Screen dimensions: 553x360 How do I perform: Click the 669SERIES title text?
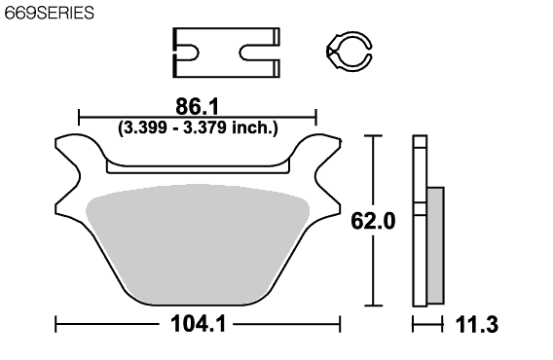click(x=49, y=13)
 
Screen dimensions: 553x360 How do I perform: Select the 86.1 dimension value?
click(x=197, y=106)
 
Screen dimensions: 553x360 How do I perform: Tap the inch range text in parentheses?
click(x=198, y=127)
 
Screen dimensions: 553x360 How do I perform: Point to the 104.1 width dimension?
click(x=198, y=324)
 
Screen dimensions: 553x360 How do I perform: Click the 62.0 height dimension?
click(x=373, y=221)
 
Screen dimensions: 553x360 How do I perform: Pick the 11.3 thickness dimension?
click(x=477, y=324)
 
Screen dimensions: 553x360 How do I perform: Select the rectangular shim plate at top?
click(x=227, y=53)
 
